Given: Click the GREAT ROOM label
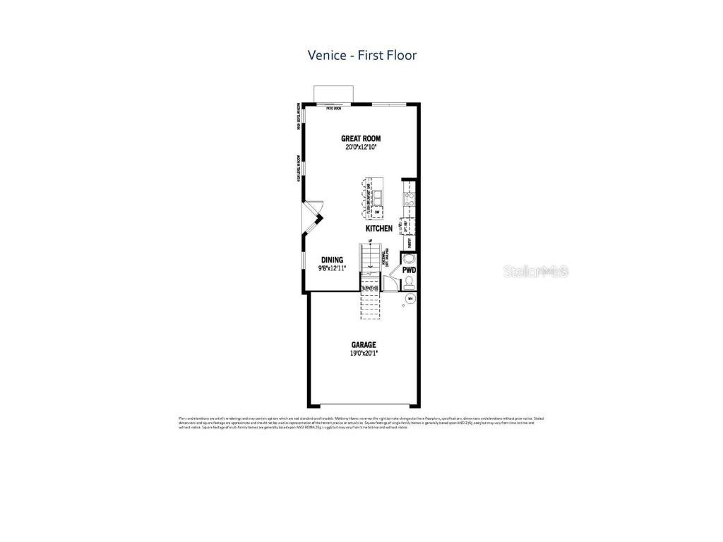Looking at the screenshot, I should [361, 139].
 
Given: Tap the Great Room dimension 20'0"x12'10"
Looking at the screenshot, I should [361, 147].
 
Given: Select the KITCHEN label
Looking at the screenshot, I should [379, 229].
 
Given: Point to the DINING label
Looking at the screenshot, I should [332, 260].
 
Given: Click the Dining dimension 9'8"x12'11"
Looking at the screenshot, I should [332, 267].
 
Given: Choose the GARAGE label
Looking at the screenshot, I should [364, 345].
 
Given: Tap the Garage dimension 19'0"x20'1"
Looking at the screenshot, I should [364, 353].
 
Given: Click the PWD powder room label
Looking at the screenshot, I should [409, 270].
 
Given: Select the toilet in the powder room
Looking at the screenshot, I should [409, 283].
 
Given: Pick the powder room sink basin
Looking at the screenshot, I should [407, 258].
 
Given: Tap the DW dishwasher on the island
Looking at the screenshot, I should [377, 212].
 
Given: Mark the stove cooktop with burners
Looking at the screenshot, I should [408, 198].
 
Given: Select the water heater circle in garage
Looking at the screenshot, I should [410, 299].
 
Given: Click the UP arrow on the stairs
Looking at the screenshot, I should [369, 243].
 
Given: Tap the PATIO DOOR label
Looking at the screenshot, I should [334, 109].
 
